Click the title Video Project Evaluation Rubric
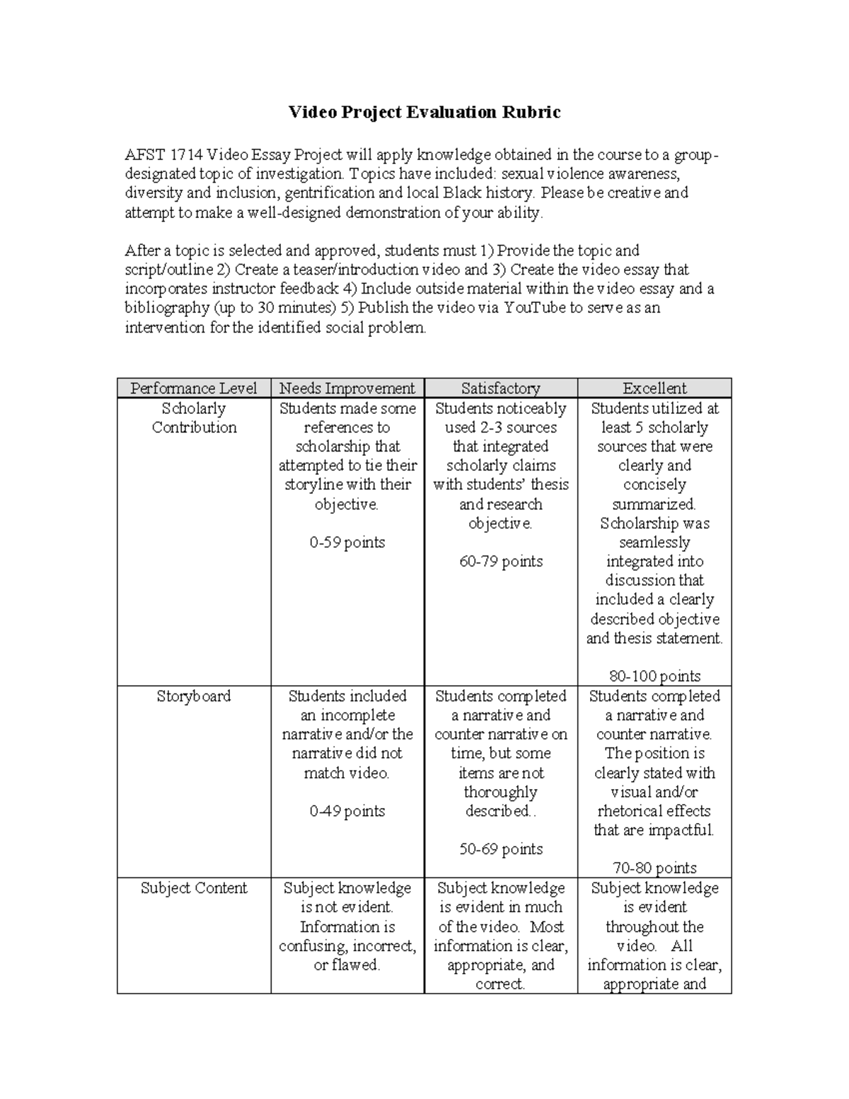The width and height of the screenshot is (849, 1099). coord(424,113)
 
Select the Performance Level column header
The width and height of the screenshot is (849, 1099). coord(193,389)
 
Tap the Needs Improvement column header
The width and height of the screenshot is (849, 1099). coord(347,389)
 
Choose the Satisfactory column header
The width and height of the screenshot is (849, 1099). coord(500,389)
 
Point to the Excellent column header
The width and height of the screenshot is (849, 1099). coord(654,389)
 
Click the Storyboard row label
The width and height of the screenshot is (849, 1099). coord(193,696)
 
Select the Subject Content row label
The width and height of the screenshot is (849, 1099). coord(193,888)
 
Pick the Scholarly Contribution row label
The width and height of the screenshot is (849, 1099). coord(193,418)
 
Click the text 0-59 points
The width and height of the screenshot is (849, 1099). coord(347,543)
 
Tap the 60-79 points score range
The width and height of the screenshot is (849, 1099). coord(500,562)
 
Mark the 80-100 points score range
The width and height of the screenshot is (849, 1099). coord(654,676)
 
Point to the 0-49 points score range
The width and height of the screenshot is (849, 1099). coord(347,812)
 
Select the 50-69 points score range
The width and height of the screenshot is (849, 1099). coord(500,849)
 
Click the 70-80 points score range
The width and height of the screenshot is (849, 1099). coord(654,868)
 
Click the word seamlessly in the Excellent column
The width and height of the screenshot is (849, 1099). coord(654,543)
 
